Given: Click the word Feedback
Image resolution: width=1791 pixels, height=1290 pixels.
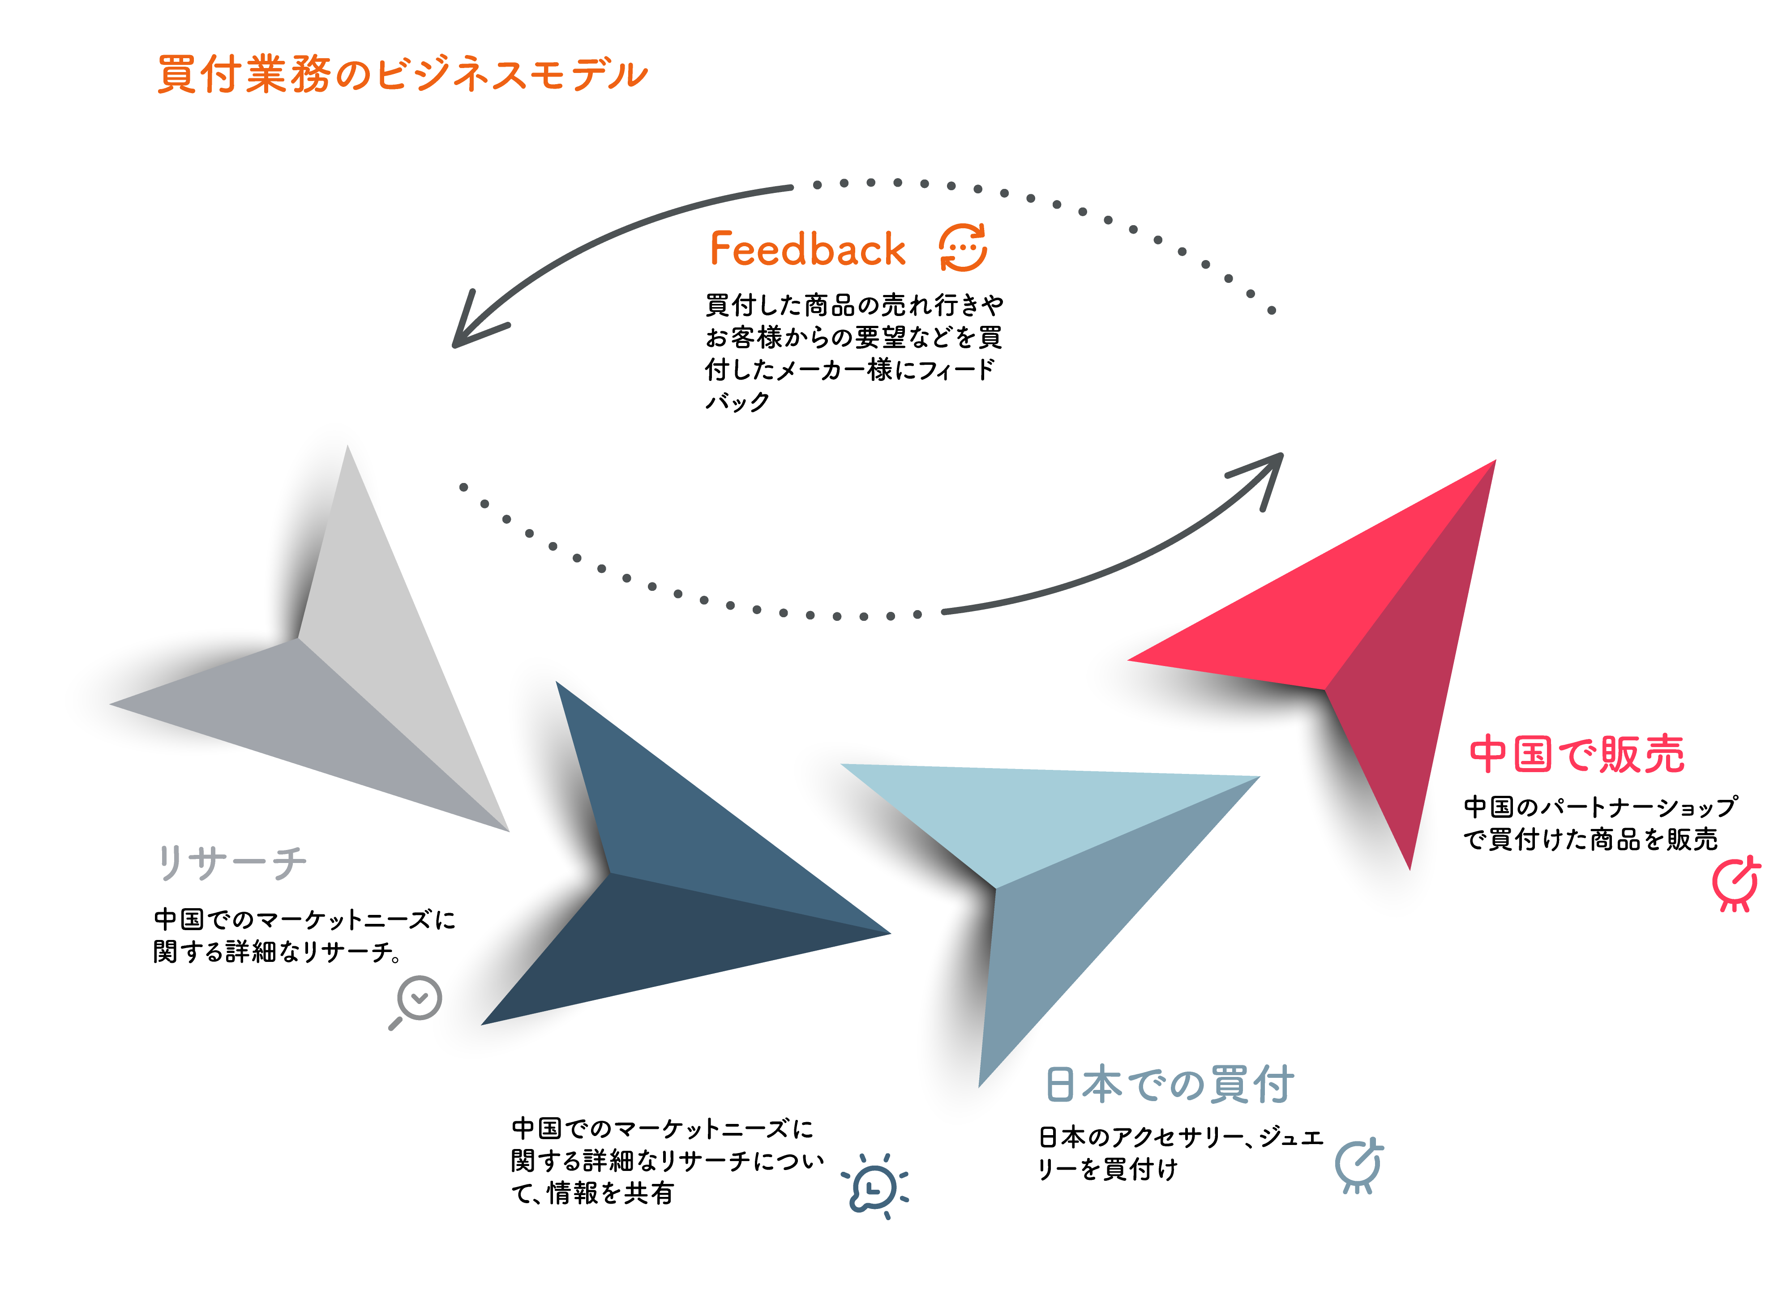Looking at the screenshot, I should coord(807,249).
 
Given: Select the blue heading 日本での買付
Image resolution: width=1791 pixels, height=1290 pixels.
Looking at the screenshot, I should coord(1169,1084).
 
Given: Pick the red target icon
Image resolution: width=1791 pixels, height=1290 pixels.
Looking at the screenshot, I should coord(1736,884).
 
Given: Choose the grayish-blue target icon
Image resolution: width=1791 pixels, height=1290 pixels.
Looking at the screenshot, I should coord(1358,1165).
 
